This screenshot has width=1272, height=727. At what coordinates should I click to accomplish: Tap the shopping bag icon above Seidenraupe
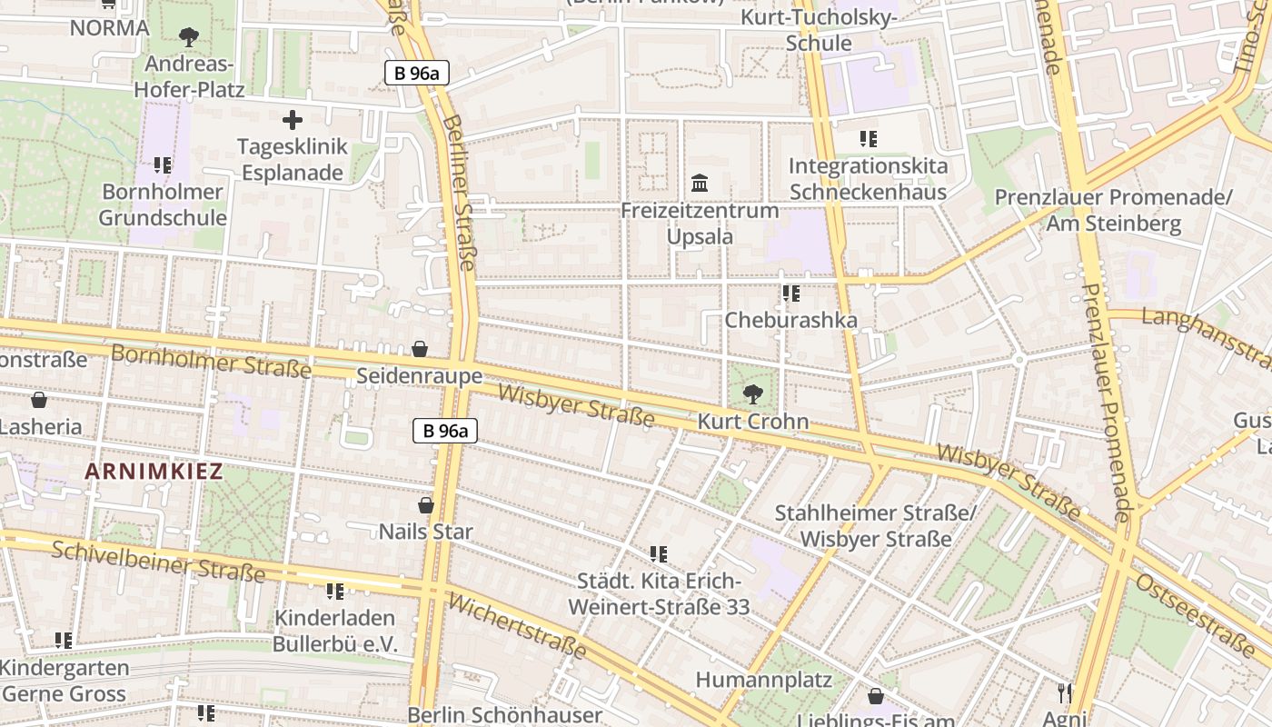(x=420, y=349)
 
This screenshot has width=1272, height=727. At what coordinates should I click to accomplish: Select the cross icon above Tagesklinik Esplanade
(x=292, y=120)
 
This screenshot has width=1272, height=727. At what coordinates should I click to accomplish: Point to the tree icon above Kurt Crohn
(x=752, y=394)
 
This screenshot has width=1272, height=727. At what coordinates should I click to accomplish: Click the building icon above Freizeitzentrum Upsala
(x=700, y=184)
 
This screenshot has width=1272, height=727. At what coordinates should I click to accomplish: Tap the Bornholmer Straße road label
(x=211, y=362)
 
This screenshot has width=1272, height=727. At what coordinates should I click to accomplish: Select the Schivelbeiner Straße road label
(x=158, y=561)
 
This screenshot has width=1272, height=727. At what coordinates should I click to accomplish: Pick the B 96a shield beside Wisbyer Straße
(x=445, y=431)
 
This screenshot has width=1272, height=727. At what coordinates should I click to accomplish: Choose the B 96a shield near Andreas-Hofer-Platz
(x=417, y=74)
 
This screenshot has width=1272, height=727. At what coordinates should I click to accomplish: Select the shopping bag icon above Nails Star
(x=425, y=505)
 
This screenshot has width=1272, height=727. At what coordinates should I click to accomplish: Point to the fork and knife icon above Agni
(x=1065, y=692)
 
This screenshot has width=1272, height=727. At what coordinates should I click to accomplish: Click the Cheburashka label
(x=790, y=320)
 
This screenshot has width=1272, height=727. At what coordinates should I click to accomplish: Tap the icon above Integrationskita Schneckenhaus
(x=868, y=139)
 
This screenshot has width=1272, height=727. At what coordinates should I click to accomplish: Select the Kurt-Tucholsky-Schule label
(x=819, y=30)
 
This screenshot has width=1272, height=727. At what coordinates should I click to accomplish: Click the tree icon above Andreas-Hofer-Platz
(x=189, y=37)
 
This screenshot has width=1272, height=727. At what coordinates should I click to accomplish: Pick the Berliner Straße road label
(x=460, y=191)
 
